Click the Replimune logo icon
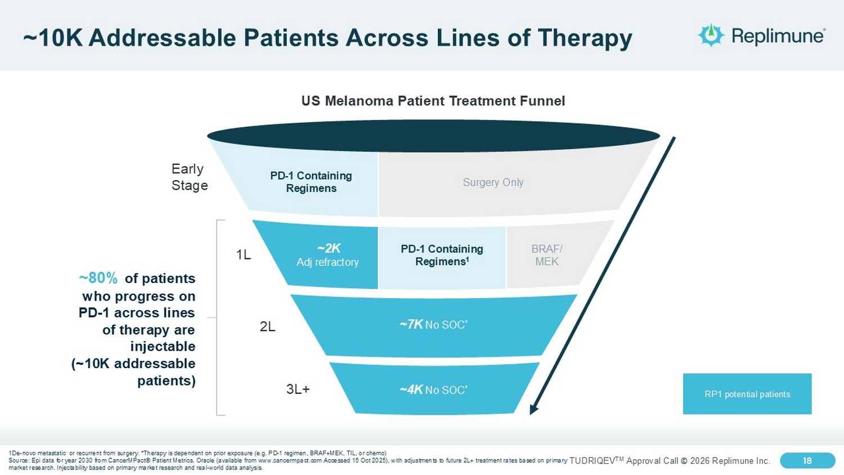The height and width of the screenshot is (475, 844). click(711, 35)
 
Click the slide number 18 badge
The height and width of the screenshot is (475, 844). click(807, 461)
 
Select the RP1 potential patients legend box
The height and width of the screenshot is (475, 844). click(747, 394)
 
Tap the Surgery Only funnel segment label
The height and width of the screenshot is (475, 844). click(493, 182)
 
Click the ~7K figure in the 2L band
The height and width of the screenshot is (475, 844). click(411, 324)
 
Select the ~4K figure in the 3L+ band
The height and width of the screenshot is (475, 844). click(411, 389)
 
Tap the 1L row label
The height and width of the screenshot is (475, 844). click(244, 255)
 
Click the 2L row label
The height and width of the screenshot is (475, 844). click(267, 327)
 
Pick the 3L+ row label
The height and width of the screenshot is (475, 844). click(298, 389)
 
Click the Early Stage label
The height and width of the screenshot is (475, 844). click(190, 177)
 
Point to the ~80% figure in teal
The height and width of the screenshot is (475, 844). click(98, 279)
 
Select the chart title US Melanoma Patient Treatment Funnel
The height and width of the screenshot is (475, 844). click(433, 101)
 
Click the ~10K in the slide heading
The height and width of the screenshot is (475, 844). click(53, 38)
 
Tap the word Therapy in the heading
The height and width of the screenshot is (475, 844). click(585, 39)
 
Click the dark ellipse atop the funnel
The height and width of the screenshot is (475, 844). click(433, 136)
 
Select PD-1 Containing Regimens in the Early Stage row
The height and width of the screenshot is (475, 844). click(311, 182)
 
